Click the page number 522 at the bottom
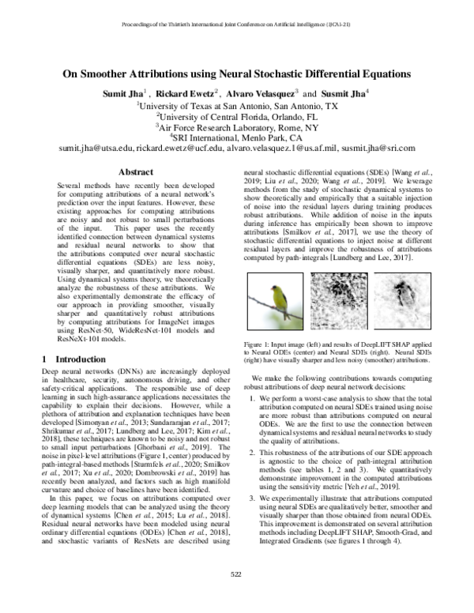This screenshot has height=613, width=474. [x=236, y=596]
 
